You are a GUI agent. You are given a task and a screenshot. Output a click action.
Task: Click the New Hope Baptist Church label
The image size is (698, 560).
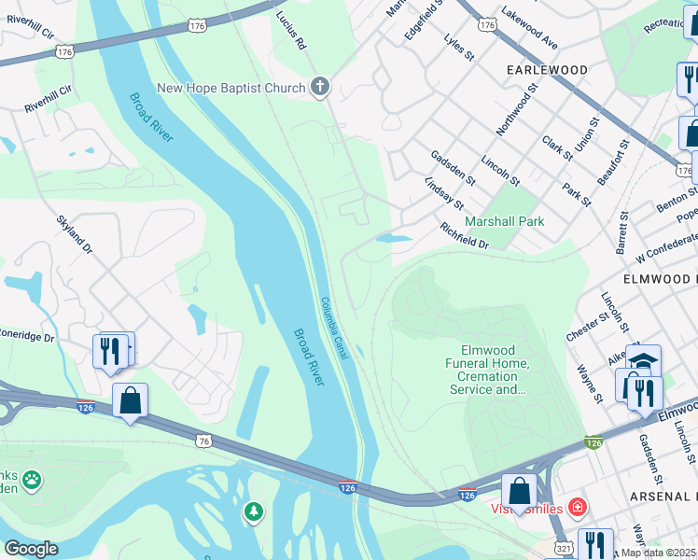coord(230,89)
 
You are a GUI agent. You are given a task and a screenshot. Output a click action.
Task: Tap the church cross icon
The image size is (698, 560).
coord(319,89)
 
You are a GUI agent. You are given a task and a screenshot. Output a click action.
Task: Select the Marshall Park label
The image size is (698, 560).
coord(506,221)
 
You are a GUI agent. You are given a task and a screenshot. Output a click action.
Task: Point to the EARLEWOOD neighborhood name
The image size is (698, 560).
coord(547,70)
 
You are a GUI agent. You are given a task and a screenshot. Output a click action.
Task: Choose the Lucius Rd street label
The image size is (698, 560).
coord(291,31)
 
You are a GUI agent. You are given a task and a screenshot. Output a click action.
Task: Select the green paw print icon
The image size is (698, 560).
coord(32,480)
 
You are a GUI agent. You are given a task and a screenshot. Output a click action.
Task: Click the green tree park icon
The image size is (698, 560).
coord(253,511)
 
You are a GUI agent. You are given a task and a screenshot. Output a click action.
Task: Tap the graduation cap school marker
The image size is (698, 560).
coord(643,359)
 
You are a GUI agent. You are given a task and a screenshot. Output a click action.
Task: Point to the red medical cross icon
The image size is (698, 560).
coord(578,508)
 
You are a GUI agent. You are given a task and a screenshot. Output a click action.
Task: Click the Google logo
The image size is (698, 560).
coord(30,549)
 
